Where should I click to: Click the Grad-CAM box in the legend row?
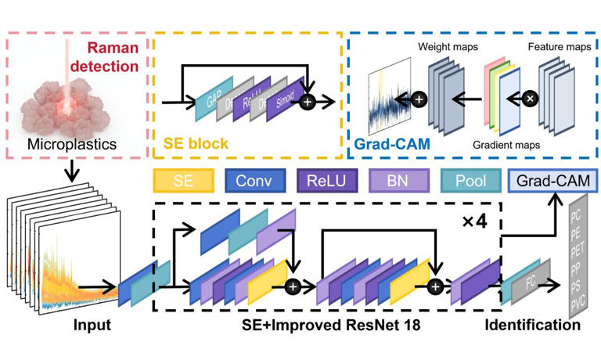point(551,182)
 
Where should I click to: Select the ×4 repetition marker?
point(477,221)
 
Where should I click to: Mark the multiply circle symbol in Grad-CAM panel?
point(530,99)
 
